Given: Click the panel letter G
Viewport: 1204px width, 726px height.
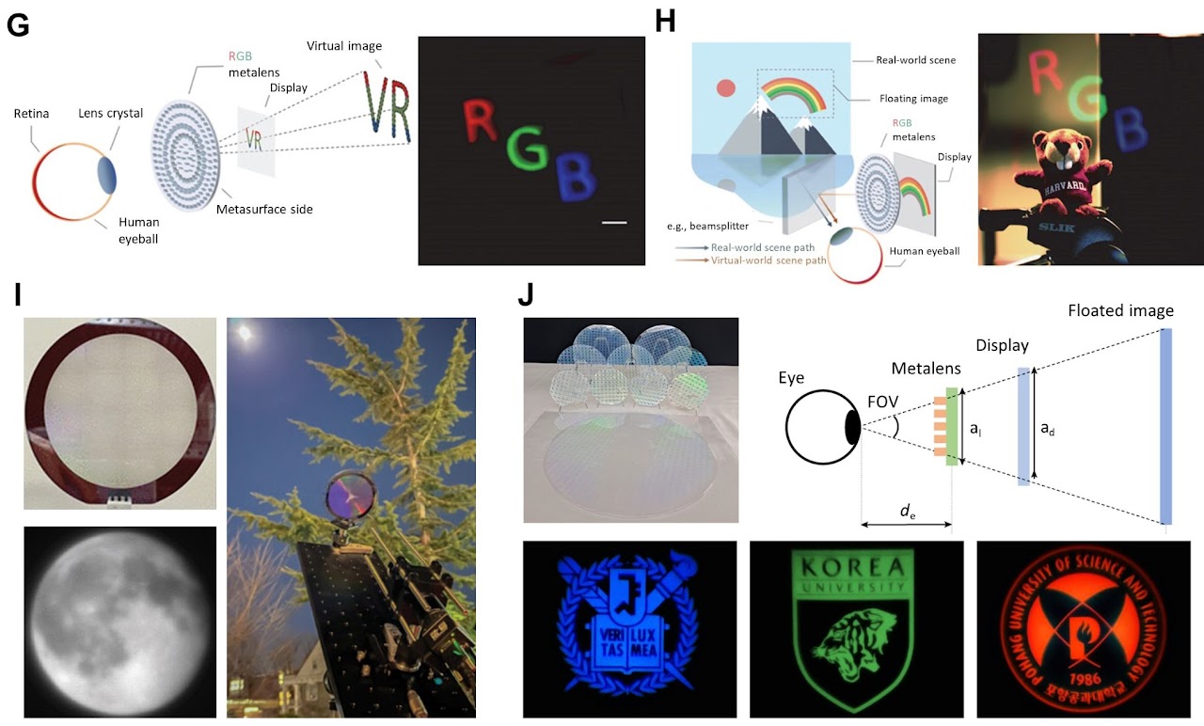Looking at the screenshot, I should click(x=18, y=25).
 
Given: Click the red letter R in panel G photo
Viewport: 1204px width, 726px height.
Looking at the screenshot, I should click(x=481, y=121).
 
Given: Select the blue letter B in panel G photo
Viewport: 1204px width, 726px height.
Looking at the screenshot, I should click(x=576, y=177).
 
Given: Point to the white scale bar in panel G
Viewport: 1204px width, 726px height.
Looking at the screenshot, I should click(x=613, y=223).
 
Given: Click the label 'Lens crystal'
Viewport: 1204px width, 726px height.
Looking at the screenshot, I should click(x=111, y=113).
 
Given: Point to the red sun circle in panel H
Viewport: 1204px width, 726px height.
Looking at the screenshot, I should click(x=725, y=89).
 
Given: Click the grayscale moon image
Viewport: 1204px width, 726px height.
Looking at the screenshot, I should click(x=119, y=621).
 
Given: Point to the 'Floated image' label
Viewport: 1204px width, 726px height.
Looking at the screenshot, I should click(x=1120, y=310).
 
